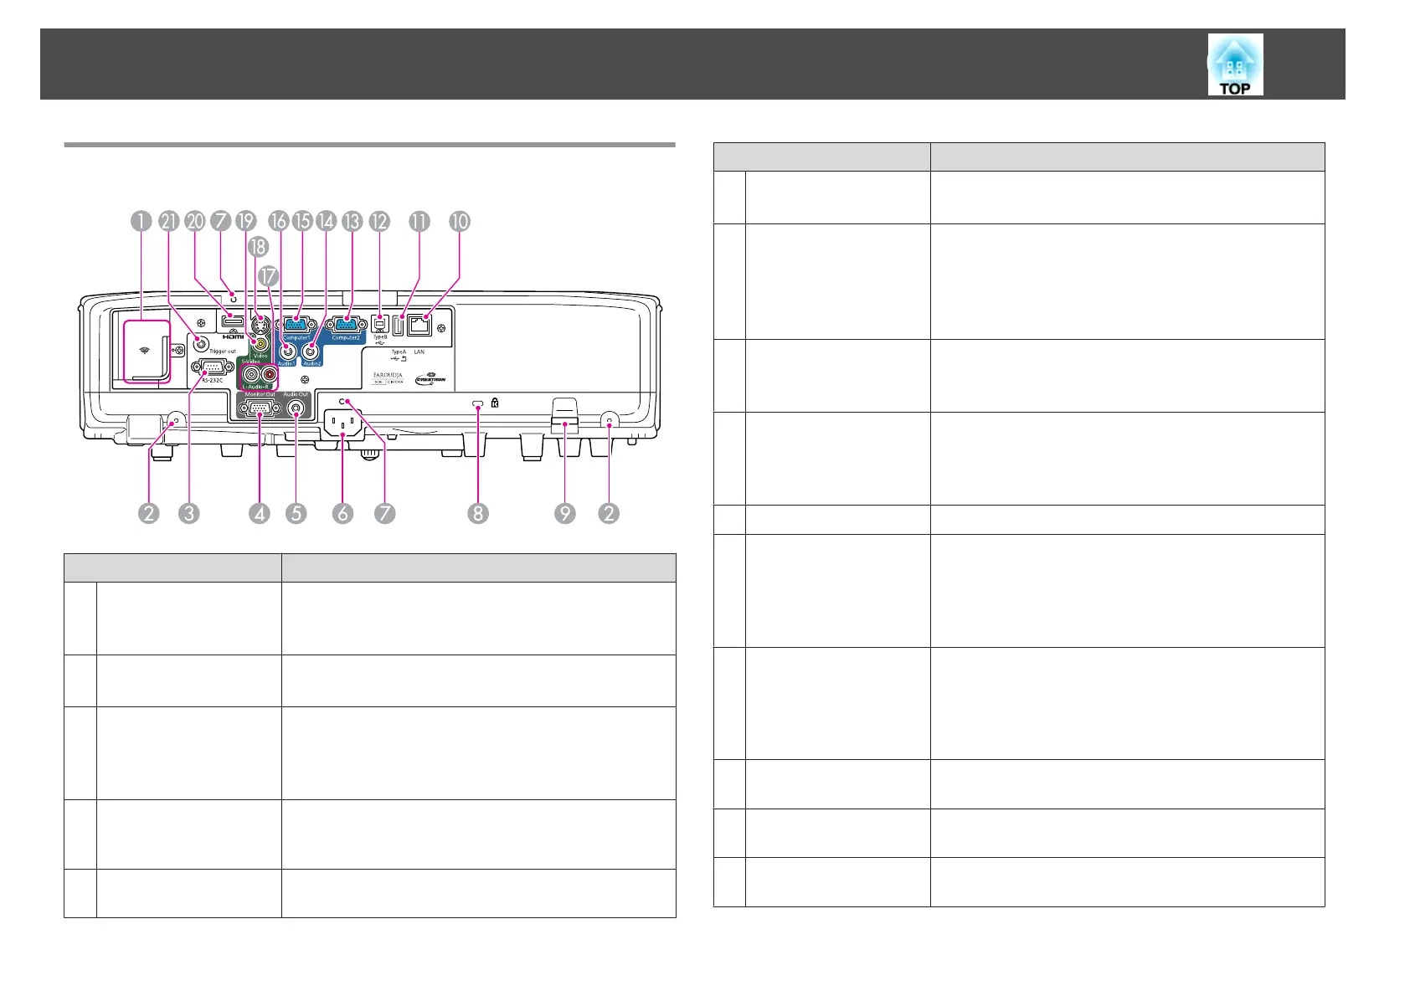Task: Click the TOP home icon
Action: [1235, 64]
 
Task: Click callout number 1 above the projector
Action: [141, 221]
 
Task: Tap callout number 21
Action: [169, 221]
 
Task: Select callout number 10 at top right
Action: [460, 221]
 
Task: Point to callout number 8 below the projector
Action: [477, 513]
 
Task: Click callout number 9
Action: [565, 513]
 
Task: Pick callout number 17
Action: [267, 275]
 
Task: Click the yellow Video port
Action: [262, 343]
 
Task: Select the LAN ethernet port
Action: [419, 325]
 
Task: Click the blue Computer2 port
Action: [346, 324]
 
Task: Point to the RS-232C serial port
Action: [212, 367]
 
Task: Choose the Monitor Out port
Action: [259, 409]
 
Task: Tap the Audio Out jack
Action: [296, 409]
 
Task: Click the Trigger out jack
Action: [200, 342]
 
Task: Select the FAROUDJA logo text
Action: [388, 375]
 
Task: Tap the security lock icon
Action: [495, 403]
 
